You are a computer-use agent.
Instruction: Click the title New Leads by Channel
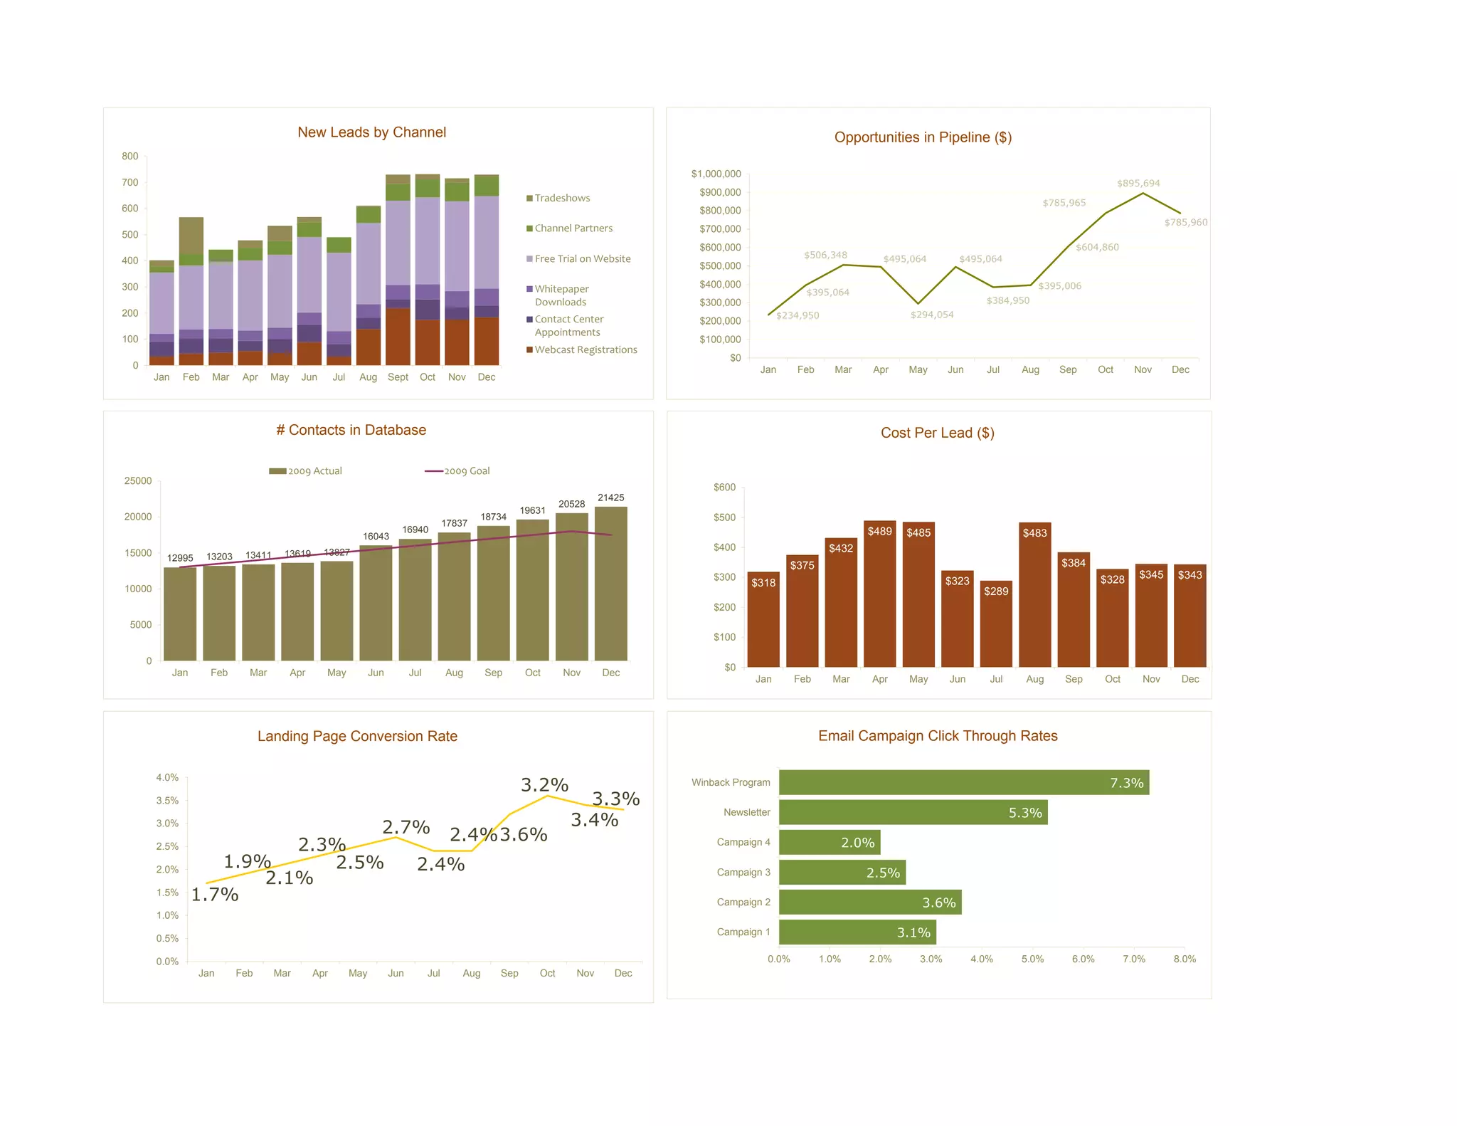coord(371,132)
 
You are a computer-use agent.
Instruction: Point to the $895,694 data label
coord(1138,184)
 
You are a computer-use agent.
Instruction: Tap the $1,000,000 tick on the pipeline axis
coord(716,174)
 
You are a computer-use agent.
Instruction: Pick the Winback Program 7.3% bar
coord(963,782)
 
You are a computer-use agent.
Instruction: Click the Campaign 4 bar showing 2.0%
coord(830,842)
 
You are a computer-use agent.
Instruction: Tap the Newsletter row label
coord(746,812)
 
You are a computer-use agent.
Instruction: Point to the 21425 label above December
coord(610,498)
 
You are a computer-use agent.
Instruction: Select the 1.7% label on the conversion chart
coord(215,895)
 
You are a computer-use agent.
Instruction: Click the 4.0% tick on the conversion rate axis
coord(167,777)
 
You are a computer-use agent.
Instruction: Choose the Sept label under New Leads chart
coord(398,377)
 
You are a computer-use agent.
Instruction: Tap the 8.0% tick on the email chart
coord(1185,959)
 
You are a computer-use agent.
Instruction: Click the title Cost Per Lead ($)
coord(937,433)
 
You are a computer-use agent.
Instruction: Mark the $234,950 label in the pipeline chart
coord(798,315)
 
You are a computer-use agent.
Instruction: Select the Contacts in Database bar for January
coord(180,614)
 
